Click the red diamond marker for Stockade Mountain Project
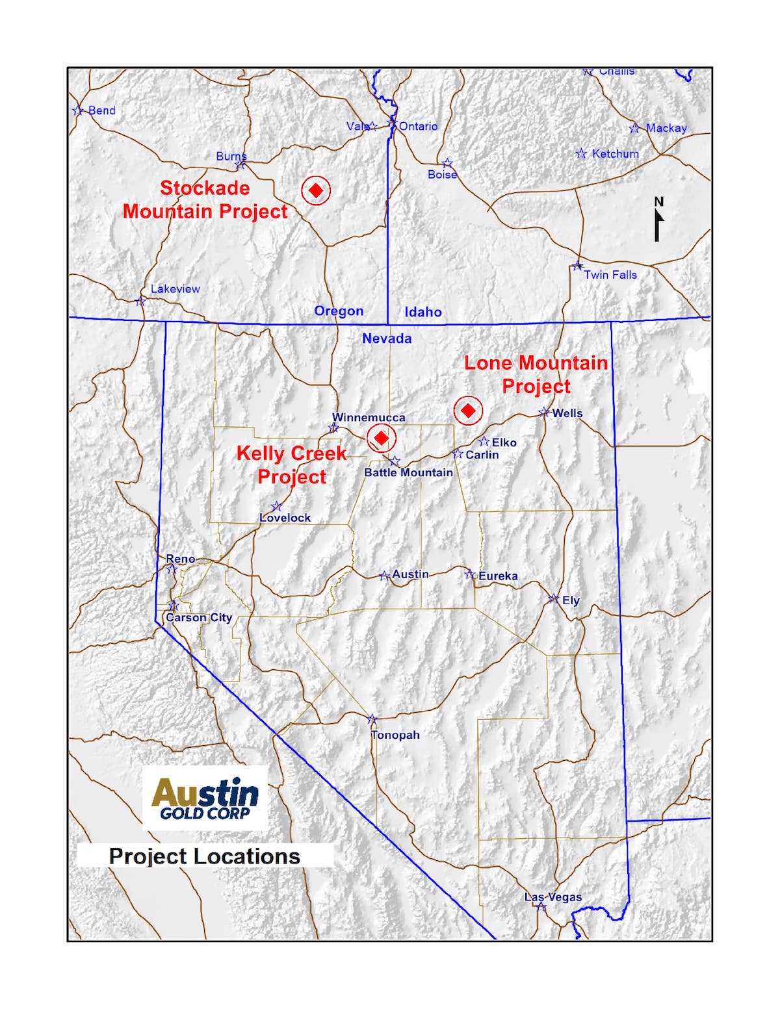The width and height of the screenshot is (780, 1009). (x=316, y=190)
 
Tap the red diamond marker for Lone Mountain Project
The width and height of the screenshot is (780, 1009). (x=467, y=411)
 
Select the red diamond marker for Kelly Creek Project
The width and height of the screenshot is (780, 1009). (x=381, y=438)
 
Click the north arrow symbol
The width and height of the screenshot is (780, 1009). (x=658, y=220)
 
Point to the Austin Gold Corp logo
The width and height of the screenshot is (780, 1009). (x=205, y=798)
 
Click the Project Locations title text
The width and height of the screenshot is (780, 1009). (x=204, y=856)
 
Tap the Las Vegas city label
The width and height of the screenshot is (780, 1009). (x=553, y=897)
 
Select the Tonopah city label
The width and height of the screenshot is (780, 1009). (x=395, y=735)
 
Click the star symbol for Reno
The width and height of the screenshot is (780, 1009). (x=172, y=570)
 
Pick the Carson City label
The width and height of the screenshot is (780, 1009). (x=199, y=617)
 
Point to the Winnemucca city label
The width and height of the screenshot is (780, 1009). (x=369, y=417)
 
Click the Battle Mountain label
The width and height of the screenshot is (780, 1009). (x=408, y=472)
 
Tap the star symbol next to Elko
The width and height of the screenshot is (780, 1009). (x=484, y=442)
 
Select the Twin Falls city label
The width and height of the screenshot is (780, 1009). (x=610, y=275)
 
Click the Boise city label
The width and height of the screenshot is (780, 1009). (x=442, y=174)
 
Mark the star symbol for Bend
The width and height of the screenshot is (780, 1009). (x=78, y=111)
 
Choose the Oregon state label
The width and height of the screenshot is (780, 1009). (x=339, y=311)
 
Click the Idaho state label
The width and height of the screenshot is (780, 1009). (x=423, y=312)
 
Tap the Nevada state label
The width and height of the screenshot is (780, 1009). (x=387, y=338)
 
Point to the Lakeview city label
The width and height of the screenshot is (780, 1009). (x=175, y=288)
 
